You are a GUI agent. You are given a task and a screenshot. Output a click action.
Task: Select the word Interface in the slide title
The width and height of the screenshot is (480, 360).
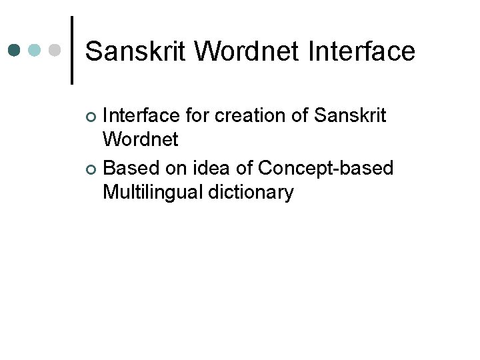361,51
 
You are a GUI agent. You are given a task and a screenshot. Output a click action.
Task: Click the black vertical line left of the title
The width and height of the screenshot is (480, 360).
72,51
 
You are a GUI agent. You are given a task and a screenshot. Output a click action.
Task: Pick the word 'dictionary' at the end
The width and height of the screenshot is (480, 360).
251,192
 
